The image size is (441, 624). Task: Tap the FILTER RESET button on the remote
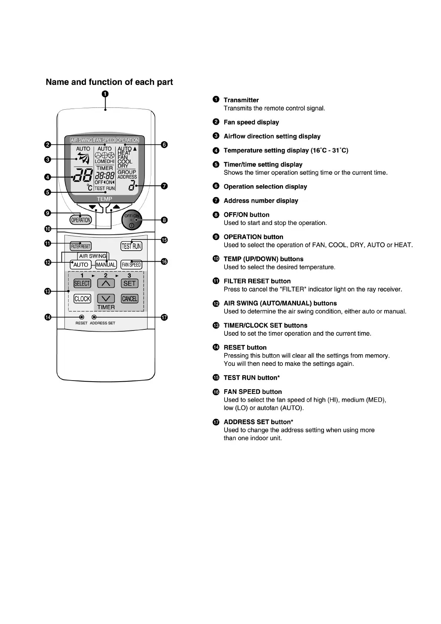pos(80,246)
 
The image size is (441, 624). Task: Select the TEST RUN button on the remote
pos(132,246)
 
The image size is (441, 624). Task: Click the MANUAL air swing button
pos(106,265)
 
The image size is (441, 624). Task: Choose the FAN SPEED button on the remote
pos(132,265)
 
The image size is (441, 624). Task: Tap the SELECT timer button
pos(82,283)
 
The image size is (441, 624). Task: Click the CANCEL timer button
pos(130,299)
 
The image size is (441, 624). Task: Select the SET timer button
pos(130,283)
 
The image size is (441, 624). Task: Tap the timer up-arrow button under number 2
pos(106,283)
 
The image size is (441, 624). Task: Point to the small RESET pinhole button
pos(82,317)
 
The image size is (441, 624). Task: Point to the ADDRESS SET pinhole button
pos(94,317)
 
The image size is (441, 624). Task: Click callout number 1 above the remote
pos(105,94)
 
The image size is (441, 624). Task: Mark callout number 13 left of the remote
pos(48,291)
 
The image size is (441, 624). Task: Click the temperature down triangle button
pos(92,206)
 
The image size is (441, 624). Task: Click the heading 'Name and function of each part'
pos(109,82)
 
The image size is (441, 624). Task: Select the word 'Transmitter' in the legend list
pos(241,100)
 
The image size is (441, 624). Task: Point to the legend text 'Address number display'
pos(261,201)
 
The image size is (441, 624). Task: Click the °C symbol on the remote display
pos(89,187)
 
